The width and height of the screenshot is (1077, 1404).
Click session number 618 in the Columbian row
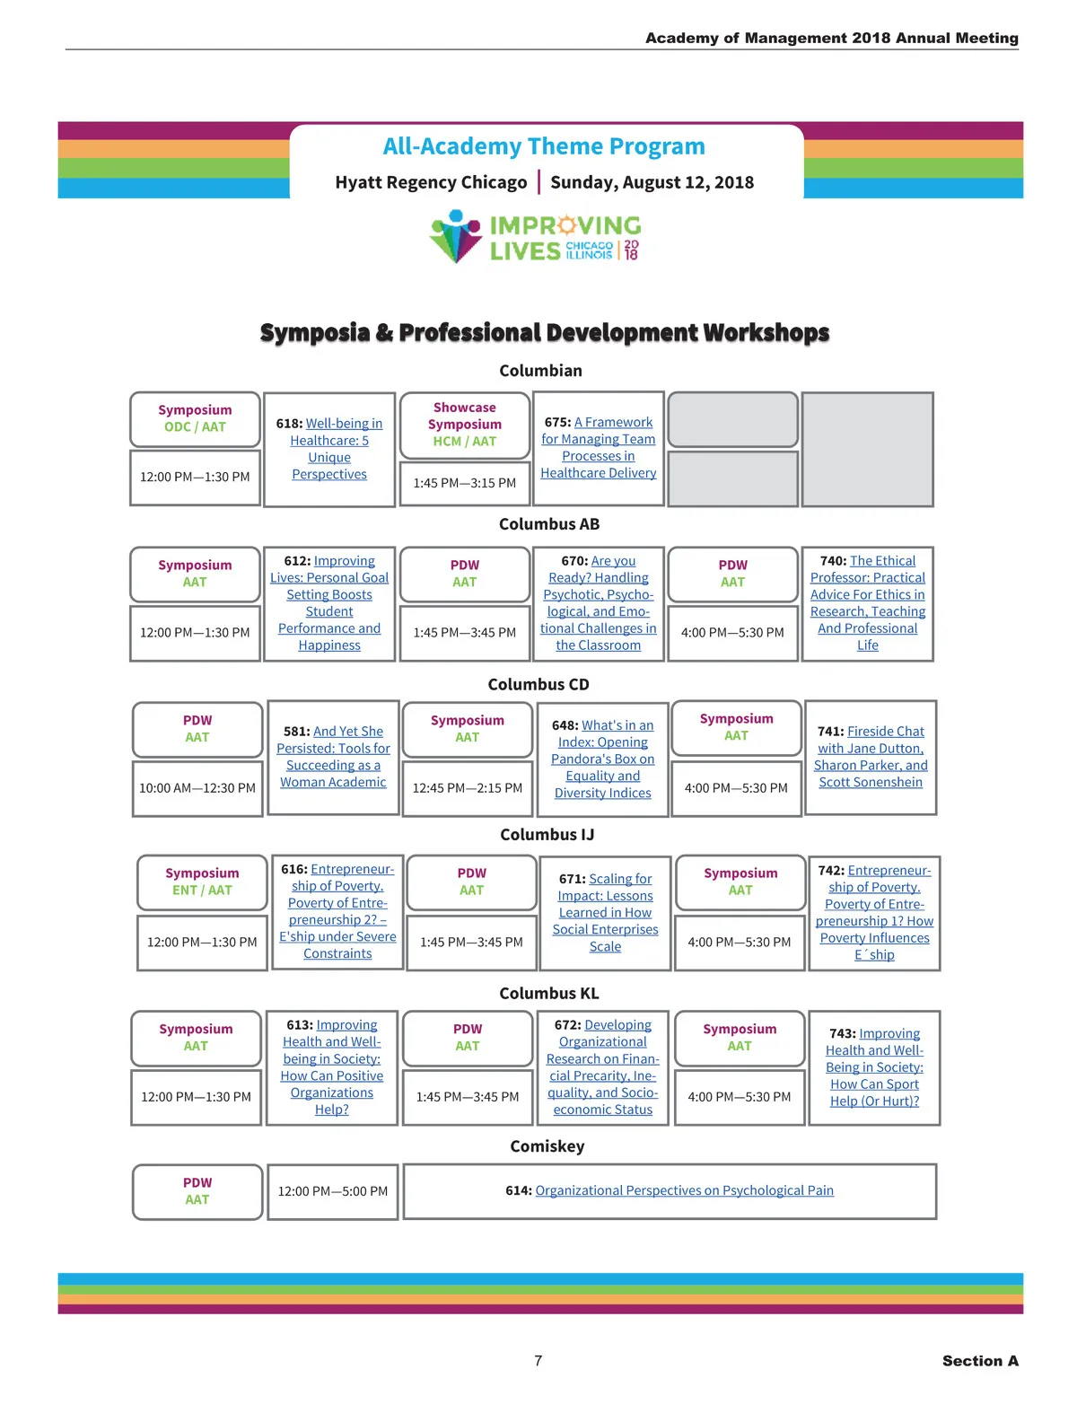coord(289,424)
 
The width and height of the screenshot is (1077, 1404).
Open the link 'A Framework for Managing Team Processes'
coord(598,447)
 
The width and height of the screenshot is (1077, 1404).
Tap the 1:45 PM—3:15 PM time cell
coord(464,483)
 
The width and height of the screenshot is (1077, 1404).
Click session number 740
coord(833,561)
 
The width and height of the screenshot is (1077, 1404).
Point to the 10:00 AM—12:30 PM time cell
coord(197,788)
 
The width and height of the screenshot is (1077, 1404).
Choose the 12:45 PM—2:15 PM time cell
coord(467,788)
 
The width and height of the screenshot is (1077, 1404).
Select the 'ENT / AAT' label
coord(202,891)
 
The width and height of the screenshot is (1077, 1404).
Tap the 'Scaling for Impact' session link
coord(606,912)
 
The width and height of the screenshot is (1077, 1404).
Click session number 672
coord(567,1025)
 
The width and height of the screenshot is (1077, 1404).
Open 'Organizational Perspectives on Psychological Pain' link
coord(684,1190)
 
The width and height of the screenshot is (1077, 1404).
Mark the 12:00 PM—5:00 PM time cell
coord(333,1191)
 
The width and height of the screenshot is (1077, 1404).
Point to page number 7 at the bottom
coord(538,1361)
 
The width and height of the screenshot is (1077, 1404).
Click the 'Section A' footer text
coord(980,1361)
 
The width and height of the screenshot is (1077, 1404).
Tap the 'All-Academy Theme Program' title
coord(544,146)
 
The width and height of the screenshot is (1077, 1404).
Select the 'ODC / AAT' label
coord(195,427)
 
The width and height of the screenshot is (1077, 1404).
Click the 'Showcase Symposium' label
coord(464,416)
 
